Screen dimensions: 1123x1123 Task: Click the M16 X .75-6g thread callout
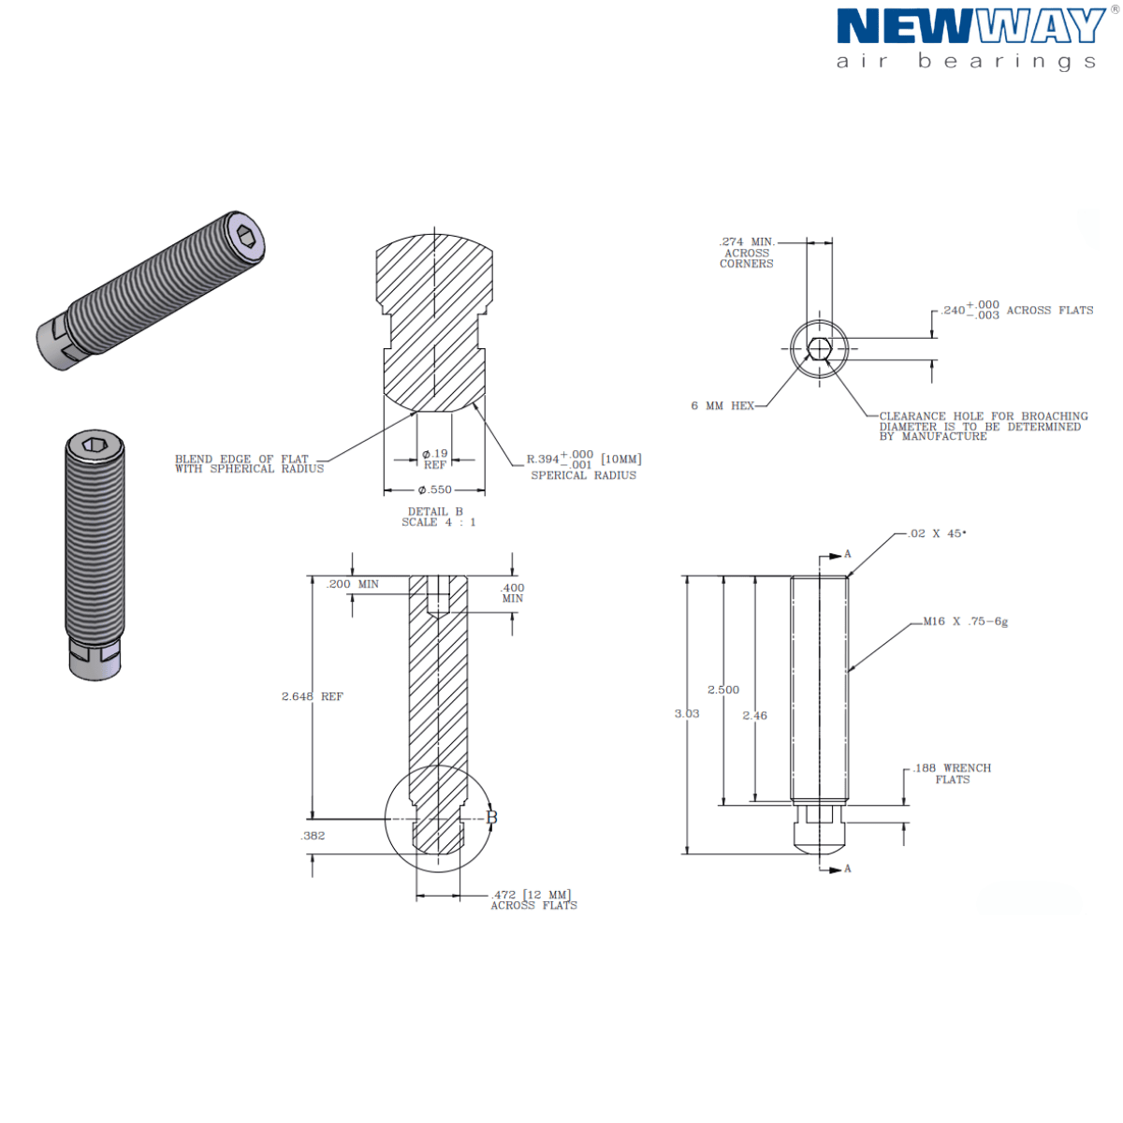pyautogui.click(x=965, y=621)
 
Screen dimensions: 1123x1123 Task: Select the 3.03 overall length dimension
pyautogui.click(x=687, y=713)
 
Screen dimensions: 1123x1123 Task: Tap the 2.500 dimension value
pyautogui.click(x=723, y=690)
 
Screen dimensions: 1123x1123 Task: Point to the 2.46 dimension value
pyautogui.click(x=754, y=715)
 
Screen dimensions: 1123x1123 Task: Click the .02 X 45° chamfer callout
pyautogui.click(x=937, y=533)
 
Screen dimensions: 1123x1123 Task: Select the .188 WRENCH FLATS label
pyautogui.click(x=952, y=773)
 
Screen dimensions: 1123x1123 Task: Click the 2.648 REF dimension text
pyautogui.click(x=312, y=696)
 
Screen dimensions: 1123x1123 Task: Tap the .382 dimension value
pyautogui.click(x=313, y=836)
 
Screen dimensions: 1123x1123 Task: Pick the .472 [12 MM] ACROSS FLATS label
pyautogui.click(x=533, y=900)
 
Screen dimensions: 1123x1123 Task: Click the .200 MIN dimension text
pyautogui.click(x=353, y=584)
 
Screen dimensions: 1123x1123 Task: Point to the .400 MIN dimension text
pyautogui.click(x=513, y=592)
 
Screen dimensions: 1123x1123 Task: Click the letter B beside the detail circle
pyautogui.click(x=491, y=818)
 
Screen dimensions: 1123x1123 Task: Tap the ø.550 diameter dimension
pyautogui.click(x=435, y=489)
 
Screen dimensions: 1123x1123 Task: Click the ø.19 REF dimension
pyautogui.click(x=435, y=459)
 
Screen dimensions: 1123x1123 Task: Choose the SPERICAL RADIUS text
pyautogui.click(x=583, y=475)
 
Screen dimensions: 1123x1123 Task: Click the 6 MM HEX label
pyautogui.click(x=722, y=406)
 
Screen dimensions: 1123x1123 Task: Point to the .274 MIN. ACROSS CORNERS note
pyautogui.click(x=747, y=253)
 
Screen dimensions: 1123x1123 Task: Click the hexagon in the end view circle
pyautogui.click(x=820, y=348)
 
